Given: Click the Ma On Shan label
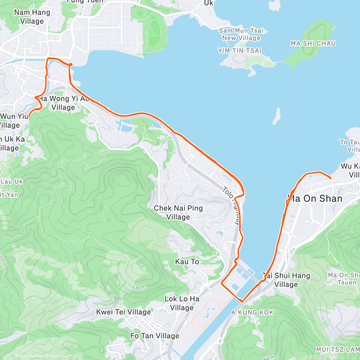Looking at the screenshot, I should [x=315, y=199].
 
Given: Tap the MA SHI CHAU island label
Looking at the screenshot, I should [x=313, y=43].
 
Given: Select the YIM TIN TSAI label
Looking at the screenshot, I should [x=240, y=51].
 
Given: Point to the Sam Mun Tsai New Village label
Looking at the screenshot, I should [x=241, y=34].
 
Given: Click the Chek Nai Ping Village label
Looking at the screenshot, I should [x=178, y=212].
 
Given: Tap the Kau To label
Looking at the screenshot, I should [x=187, y=262].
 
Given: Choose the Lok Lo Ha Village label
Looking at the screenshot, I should [x=182, y=303].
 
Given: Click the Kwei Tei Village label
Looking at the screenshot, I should [x=123, y=312].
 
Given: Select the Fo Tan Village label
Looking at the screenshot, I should [x=154, y=336].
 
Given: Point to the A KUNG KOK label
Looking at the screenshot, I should [x=252, y=313].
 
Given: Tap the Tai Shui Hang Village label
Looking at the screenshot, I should [x=286, y=280].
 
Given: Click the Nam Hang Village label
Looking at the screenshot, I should [x=32, y=17].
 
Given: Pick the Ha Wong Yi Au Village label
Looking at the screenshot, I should [x=64, y=103].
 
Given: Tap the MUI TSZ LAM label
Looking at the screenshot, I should [x=337, y=349].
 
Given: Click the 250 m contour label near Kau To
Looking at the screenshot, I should [x=139, y=287].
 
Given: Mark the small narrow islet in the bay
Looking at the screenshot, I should [x=277, y=116].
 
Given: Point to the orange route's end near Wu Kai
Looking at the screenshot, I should [x=331, y=178].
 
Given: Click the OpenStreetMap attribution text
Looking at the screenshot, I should [x=63, y=356].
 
